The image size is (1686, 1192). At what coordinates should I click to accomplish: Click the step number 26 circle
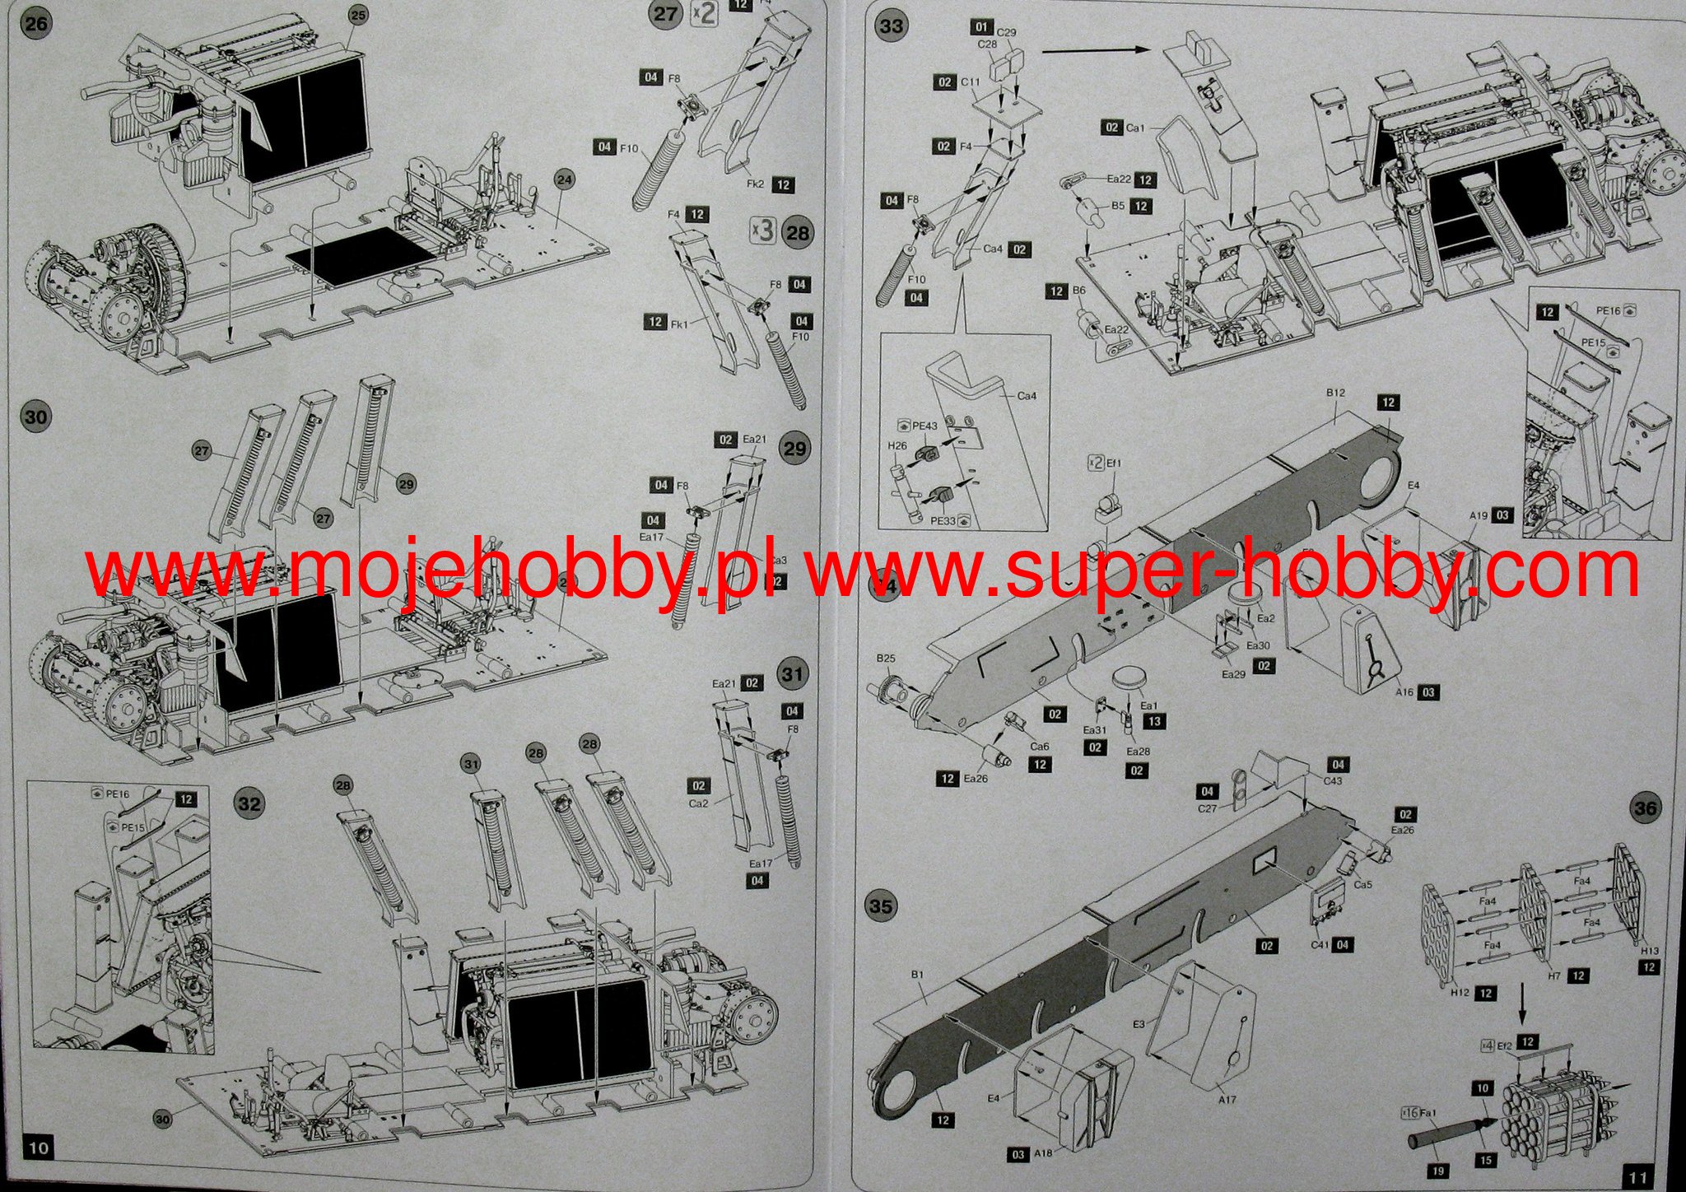[x=36, y=24]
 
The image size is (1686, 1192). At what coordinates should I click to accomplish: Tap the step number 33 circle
[x=891, y=26]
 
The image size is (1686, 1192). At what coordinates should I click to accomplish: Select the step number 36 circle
[x=1645, y=808]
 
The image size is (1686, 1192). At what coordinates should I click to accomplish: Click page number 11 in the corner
[x=1637, y=1175]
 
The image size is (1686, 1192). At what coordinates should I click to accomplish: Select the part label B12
[x=1335, y=393]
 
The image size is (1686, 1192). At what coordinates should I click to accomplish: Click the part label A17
[x=1226, y=1099]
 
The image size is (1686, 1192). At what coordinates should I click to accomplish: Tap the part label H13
[x=1626, y=951]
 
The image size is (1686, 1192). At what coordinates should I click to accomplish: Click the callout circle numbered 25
[x=356, y=14]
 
